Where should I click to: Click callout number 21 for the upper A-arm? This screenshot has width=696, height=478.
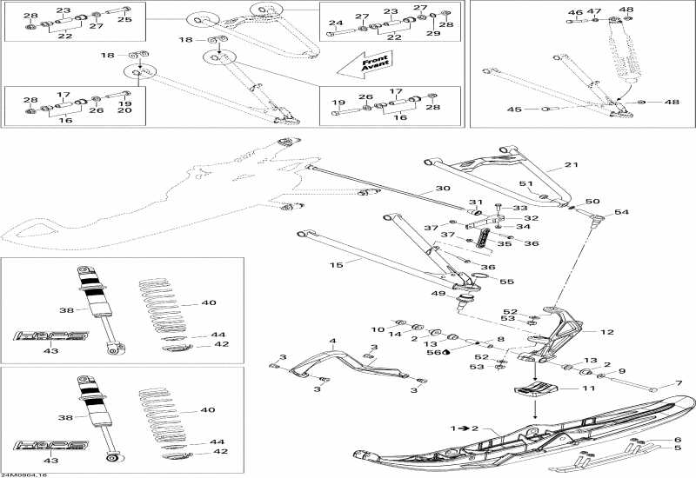(571, 165)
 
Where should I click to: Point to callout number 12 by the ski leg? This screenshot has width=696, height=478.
(606, 332)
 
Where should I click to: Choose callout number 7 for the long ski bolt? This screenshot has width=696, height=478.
(679, 384)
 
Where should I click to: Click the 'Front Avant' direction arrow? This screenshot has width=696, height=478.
(364, 63)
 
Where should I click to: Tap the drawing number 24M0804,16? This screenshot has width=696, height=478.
(21, 473)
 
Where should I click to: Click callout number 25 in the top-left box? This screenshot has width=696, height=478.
(124, 18)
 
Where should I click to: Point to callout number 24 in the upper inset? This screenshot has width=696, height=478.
(336, 23)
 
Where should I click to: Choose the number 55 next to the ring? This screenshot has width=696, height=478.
(507, 282)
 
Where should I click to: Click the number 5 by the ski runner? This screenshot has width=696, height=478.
(678, 449)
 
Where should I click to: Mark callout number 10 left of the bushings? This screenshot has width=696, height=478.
(377, 329)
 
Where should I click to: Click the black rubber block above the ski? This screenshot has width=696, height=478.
(535, 390)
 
